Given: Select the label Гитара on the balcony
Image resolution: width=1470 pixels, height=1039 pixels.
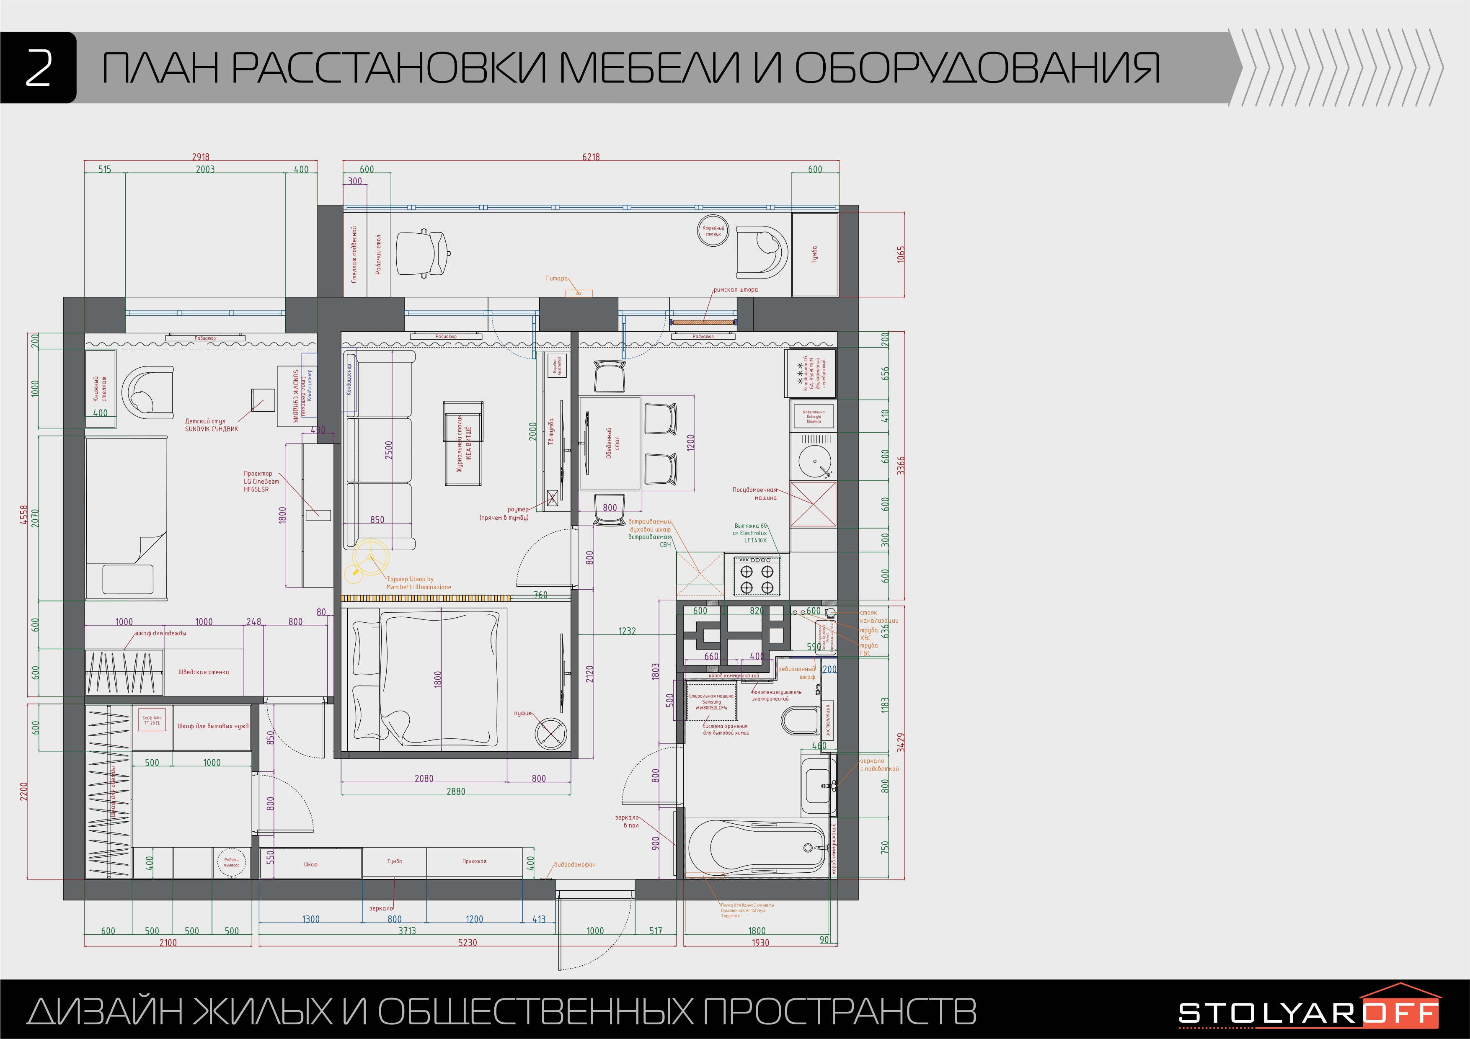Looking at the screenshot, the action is pos(556,278).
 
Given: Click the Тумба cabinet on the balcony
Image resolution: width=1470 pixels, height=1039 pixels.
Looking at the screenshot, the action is pos(814,255).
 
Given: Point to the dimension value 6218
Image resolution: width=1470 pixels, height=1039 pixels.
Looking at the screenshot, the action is pos(590,157).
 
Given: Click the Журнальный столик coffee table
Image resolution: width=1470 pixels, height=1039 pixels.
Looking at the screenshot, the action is pos(463,443).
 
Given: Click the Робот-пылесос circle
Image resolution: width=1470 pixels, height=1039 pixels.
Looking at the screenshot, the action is pos(231,862).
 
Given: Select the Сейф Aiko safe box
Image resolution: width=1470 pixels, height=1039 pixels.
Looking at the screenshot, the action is pos(152,721).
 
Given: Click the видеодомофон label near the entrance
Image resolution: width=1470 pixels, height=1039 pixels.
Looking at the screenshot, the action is pos(574,865).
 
